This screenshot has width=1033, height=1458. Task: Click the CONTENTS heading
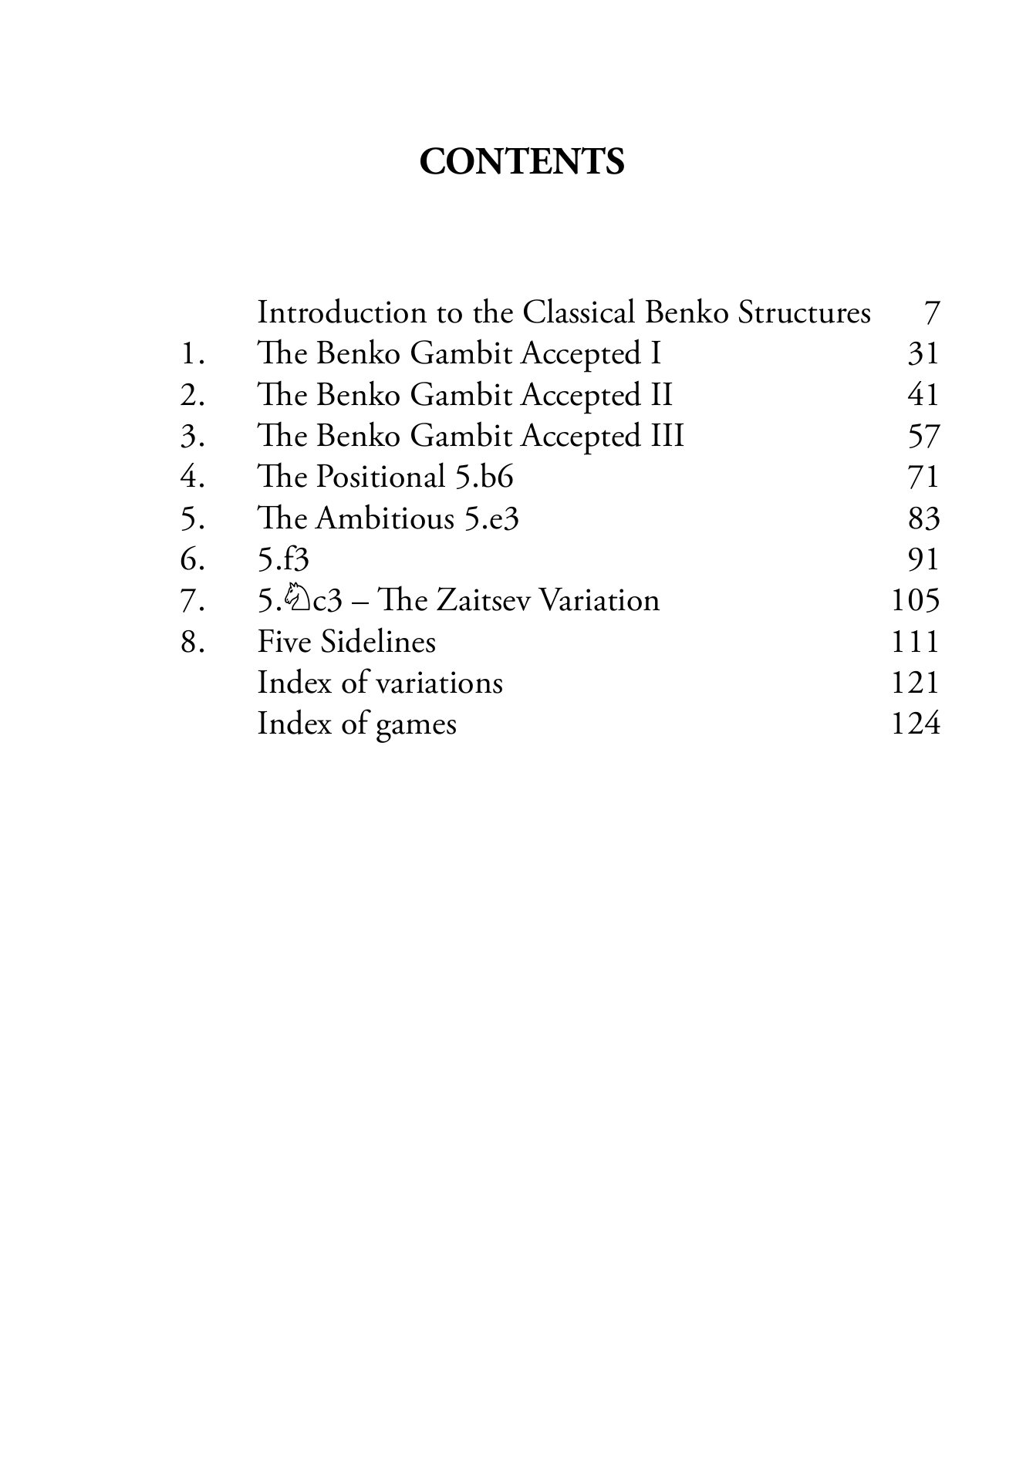coord(522,162)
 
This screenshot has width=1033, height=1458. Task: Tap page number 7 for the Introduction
coord(931,313)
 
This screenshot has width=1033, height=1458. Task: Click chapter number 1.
coord(192,355)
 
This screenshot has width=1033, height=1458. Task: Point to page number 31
coord(923,354)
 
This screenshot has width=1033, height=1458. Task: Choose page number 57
coord(923,437)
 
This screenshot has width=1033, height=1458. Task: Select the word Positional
coord(381,478)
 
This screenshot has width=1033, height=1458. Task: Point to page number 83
coord(923,518)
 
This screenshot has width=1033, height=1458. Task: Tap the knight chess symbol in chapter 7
coord(295,598)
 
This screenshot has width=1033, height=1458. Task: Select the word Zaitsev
coord(484,601)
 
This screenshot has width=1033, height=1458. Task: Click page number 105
coord(915,601)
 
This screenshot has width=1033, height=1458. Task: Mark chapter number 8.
coord(192,642)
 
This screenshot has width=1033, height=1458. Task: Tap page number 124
coord(915,724)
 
